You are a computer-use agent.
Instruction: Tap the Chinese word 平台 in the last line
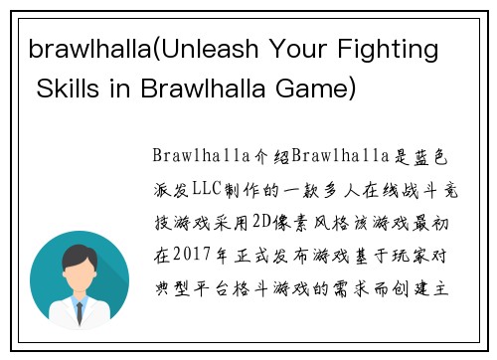[206, 288]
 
